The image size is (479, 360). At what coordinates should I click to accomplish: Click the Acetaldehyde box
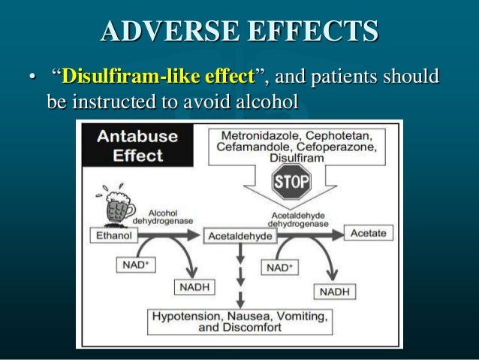point(240,236)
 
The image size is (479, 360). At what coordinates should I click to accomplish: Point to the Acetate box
point(368,233)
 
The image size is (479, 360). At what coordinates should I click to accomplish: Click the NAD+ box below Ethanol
point(135,264)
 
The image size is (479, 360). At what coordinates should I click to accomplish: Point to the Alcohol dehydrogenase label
point(163,216)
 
